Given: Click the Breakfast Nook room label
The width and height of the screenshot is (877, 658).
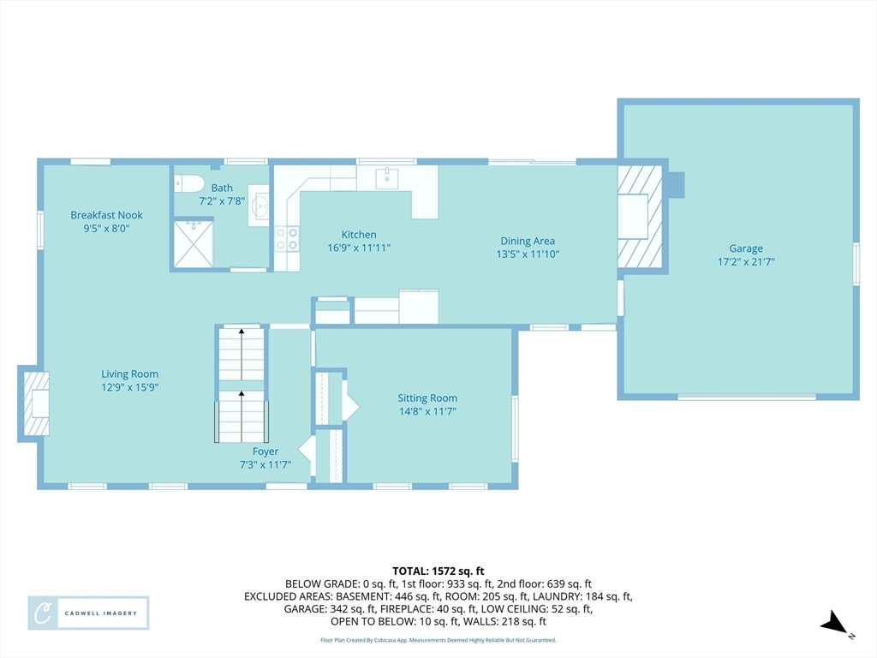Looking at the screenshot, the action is coord(106,215).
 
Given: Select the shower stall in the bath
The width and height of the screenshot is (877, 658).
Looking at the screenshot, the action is coord(193,244).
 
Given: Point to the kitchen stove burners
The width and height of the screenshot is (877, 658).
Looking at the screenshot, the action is coord(287,238).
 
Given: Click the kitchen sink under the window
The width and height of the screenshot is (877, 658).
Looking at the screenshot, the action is coord(386,178).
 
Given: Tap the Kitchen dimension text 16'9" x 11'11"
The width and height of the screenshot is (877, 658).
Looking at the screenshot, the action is coord(359,248).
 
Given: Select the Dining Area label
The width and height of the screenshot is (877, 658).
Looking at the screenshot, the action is coord(528,241).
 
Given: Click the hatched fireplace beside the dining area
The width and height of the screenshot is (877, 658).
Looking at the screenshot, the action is coord(639,217).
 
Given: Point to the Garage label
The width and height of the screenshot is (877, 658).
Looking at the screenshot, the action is coord(746,248).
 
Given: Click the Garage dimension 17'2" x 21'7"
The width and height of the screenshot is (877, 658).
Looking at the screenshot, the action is coord(746,262).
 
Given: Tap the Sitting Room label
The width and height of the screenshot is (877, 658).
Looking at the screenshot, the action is coord(427,398).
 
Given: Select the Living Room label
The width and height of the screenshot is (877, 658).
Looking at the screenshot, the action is coord(130,374).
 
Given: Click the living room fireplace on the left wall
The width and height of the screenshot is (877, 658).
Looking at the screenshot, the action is coord(34,404).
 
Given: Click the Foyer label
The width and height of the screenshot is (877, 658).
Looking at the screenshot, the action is coord(265,452).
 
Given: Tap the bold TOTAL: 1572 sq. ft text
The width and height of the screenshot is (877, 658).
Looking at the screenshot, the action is coord(438,571).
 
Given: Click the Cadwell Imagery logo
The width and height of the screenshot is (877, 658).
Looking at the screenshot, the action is coord(88,613).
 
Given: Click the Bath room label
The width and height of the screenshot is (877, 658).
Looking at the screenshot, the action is coord(222,188).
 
